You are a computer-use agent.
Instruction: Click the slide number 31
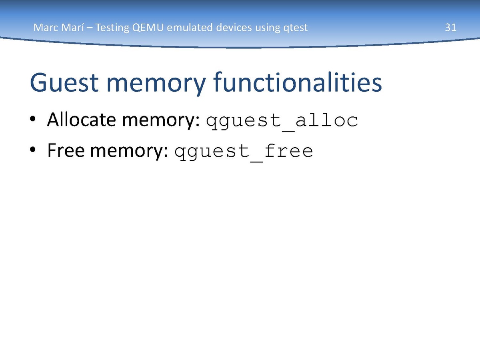[451, 28]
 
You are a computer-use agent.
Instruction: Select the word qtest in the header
[296, 28]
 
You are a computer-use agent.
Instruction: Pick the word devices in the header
[234, 28]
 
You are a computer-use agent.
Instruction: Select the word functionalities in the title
[298, 82]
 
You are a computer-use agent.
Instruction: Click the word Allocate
[82, 120]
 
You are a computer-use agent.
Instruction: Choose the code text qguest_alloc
[282, 121]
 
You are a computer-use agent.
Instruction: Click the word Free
[66, 150]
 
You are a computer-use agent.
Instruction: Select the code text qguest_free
[244, 152]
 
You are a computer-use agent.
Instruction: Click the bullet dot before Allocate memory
[32, 119]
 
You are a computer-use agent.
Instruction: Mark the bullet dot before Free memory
[32, 150]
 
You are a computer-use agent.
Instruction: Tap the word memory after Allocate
[161, 121]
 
